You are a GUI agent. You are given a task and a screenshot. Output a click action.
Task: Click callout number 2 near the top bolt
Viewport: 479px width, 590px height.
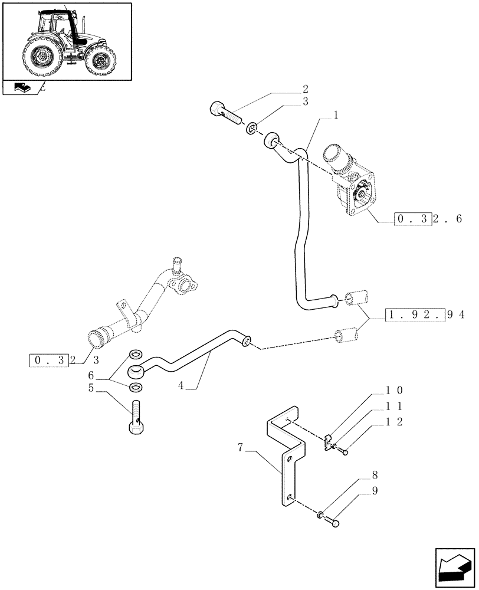click(305, 90)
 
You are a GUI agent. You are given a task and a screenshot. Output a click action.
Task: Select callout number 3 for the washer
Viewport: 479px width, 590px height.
click(305, 101)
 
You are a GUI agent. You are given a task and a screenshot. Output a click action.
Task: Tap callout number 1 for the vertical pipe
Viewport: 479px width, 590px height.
click(335, 116)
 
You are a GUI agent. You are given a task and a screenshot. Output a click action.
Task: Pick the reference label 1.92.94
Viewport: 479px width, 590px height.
click(424, 314)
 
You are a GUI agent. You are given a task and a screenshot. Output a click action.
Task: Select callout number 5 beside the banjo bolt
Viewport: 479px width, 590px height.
click(91, 388)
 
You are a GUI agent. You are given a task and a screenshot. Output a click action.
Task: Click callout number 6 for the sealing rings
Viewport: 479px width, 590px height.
click(91, 376)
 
